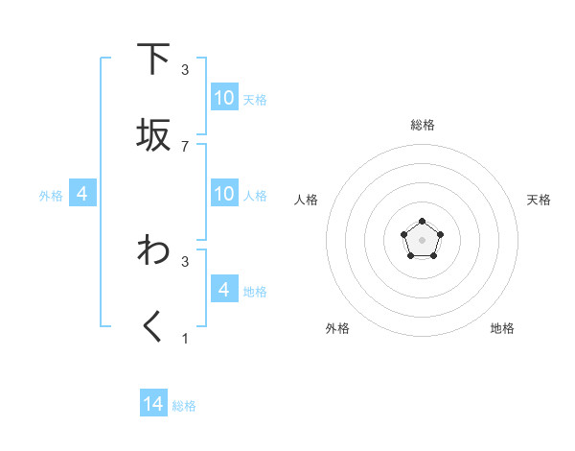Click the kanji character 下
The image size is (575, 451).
[x=153, y=59]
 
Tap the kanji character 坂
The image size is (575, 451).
[x=153, y=135]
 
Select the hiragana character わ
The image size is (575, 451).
[x=153, y=250]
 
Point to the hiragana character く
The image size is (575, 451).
[x=153, y=327]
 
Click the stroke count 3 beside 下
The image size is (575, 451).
[x=185, y=70]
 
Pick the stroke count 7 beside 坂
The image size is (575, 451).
[x=185, y=147]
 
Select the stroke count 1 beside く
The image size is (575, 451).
[x=185, y=338]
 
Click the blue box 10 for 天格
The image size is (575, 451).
[x=224, y=98]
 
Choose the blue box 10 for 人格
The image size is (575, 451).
[x=224, y=194]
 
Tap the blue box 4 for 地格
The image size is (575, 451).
[x=224, y=289]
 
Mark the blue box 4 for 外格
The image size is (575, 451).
[x=82, y=194]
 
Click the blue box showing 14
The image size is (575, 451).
[x=153, y=404]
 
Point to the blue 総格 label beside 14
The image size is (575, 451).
[x=184, y=406]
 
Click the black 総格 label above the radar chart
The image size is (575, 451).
[x=422, y=125]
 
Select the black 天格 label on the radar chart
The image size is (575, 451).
[x=539, y=200]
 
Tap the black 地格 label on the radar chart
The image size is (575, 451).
[x=502, y=328]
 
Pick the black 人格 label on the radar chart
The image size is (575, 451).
[x=307, y=200]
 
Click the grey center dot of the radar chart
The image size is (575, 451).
[x=422, y=239]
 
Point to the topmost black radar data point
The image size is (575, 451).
[x=422, y=221]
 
